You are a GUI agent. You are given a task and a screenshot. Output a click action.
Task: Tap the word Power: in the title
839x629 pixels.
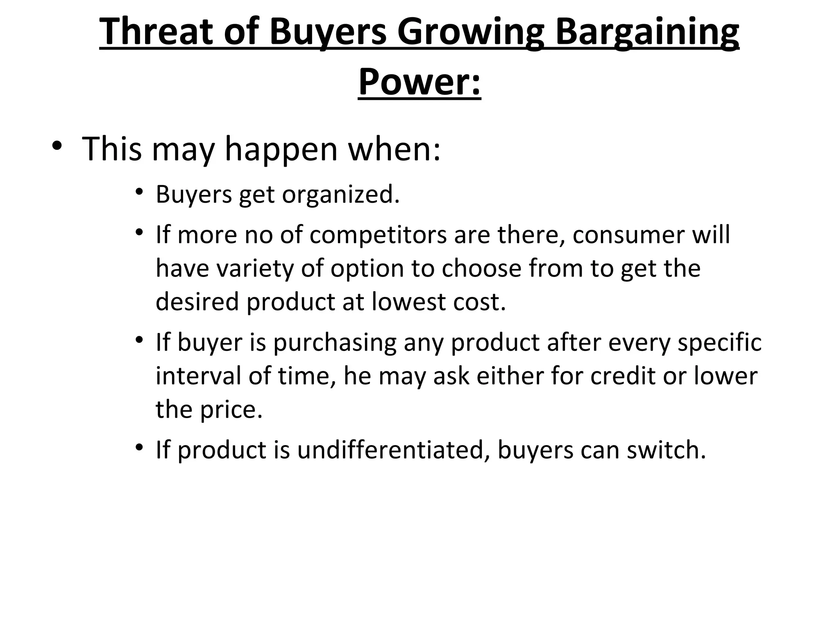click(419, 82)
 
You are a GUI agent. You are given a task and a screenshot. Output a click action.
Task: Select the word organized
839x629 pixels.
click(340, 194)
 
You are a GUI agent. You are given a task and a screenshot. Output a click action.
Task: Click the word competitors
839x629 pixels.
click(378, 235)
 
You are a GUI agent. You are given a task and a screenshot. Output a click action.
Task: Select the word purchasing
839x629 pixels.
click(335, 343)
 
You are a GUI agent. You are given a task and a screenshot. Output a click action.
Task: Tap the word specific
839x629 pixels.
click(719, 343)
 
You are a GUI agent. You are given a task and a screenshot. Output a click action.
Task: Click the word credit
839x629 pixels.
click(624, 376)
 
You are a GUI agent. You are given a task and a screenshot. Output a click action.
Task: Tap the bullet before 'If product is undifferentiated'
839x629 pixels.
click(140, 447)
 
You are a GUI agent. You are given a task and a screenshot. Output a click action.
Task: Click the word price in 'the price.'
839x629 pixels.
click(231, 410)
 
